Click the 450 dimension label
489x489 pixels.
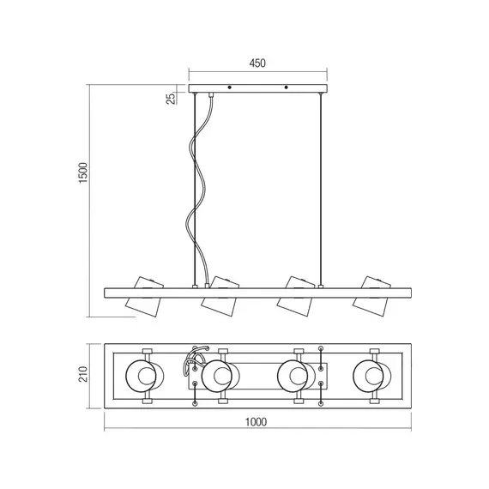coord(257,63)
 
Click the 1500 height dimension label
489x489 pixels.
coord(83,172)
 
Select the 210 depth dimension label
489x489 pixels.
coord(83,374)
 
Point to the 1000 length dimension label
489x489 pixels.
coord(256,422)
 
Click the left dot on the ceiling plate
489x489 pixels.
coord(230,88)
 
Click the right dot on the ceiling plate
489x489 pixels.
coord(286,88)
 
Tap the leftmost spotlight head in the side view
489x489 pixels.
coord(144,296)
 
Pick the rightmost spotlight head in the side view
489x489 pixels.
coord(371,296)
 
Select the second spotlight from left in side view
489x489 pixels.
coord(220,296)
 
